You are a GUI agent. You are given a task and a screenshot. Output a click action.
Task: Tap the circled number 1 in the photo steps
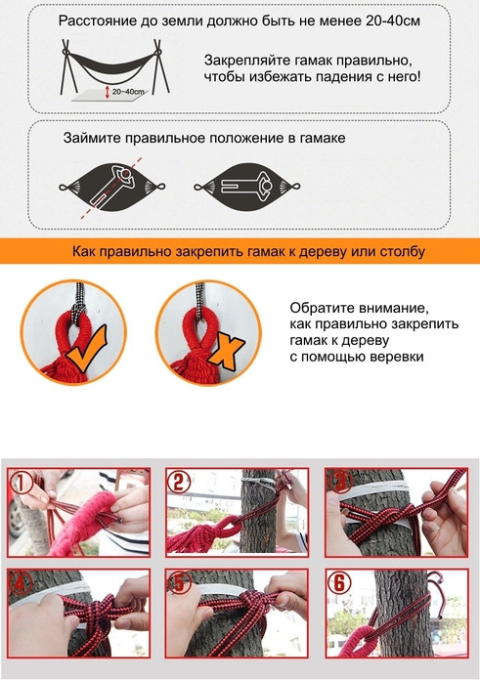21,482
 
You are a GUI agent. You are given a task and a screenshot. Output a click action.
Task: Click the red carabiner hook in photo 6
436,594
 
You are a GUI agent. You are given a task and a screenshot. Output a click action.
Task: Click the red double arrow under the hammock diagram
108,92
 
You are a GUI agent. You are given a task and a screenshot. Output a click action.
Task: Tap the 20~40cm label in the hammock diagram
128,92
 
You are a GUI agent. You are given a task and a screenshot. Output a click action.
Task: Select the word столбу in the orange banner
403,251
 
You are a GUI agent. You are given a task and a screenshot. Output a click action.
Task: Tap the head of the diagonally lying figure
126,174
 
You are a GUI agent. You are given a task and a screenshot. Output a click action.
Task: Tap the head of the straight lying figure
267,187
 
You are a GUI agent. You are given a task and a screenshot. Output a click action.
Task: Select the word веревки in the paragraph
397,357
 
